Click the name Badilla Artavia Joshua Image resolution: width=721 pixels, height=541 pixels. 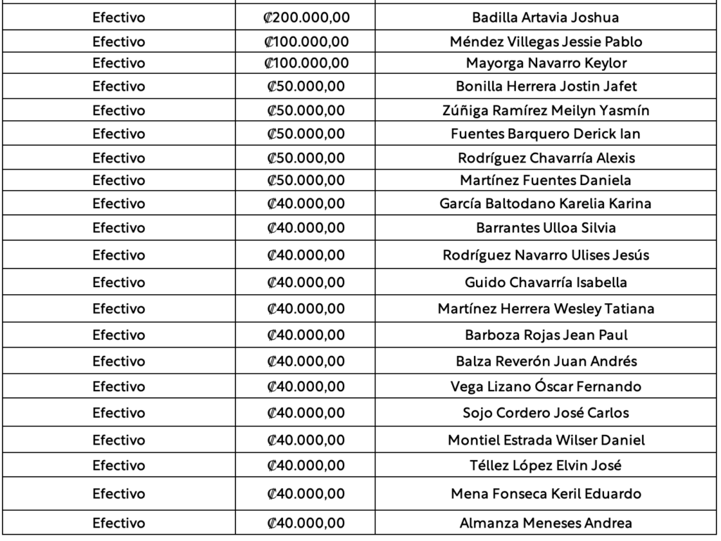point(546,18)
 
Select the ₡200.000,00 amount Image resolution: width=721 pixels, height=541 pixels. point(306,18)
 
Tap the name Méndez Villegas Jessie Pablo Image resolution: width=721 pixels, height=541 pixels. point(546,42)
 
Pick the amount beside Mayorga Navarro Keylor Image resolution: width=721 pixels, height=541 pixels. point(306,63)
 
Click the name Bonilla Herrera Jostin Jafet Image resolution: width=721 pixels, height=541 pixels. point(546,87)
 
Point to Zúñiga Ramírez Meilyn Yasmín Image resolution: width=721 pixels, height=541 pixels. point(546,110)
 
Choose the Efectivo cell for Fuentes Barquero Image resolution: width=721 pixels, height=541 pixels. point(118,134)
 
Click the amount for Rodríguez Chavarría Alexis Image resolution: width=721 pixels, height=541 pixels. point(306,158)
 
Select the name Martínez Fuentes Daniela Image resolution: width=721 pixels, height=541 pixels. point(546,181)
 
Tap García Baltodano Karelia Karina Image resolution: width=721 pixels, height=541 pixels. point(546,204)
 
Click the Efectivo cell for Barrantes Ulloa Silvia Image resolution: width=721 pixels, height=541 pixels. point(118,228)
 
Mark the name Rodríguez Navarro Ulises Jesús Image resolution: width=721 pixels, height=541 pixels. point(546,255)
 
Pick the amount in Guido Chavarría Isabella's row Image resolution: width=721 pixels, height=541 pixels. point(306,282)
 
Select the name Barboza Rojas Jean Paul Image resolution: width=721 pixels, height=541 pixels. point(546,335)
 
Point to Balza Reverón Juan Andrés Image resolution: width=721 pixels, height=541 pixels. point(546,361)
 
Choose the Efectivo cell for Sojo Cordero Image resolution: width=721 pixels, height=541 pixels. point(118,413)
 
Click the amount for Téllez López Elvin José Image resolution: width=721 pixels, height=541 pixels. point(306,466)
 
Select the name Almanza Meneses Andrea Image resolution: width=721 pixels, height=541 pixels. point(546,523)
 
